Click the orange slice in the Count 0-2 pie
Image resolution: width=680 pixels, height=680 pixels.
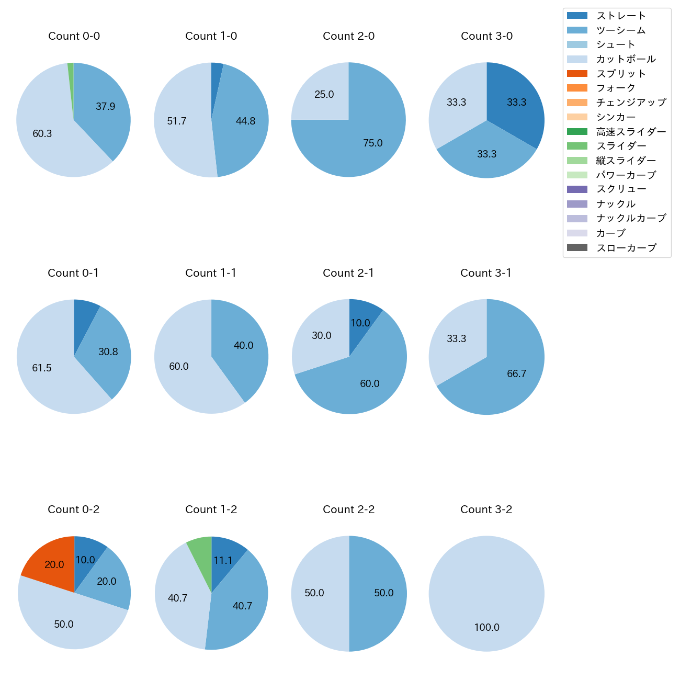click(50, 562)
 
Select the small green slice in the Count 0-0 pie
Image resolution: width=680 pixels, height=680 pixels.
click(71, 73)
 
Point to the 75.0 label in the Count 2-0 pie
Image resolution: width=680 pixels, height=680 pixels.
click(373, 143)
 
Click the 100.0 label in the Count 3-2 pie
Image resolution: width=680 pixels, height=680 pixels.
click(486, 627)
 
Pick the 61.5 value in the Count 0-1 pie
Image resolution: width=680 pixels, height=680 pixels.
click(42, 368)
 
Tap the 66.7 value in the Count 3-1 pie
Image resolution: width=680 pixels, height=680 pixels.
click(516, 373)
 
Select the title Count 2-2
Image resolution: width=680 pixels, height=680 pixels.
click(348, 509)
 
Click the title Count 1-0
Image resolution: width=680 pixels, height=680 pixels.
click(211, 36)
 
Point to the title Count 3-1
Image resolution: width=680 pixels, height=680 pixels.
click(486, 273)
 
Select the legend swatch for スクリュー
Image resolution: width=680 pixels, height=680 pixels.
click(577, 189)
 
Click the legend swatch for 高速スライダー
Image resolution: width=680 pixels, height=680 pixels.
click(577, 132)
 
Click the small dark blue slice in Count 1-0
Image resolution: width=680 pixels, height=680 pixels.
click(216, 78)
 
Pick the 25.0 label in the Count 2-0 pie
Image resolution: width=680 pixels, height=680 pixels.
click(324, 95)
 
